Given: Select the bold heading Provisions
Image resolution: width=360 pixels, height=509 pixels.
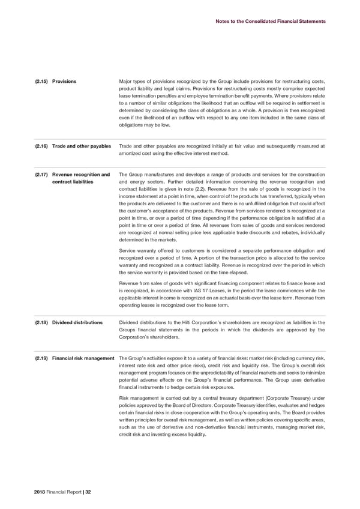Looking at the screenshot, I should point(64,81).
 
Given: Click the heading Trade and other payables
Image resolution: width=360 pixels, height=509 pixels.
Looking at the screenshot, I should point(82,146).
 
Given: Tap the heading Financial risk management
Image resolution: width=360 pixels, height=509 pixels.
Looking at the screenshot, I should point(83,358).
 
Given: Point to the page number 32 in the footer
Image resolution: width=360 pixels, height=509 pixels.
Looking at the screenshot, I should point(88,492).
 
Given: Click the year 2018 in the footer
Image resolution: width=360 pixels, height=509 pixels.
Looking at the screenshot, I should point(41,492).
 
